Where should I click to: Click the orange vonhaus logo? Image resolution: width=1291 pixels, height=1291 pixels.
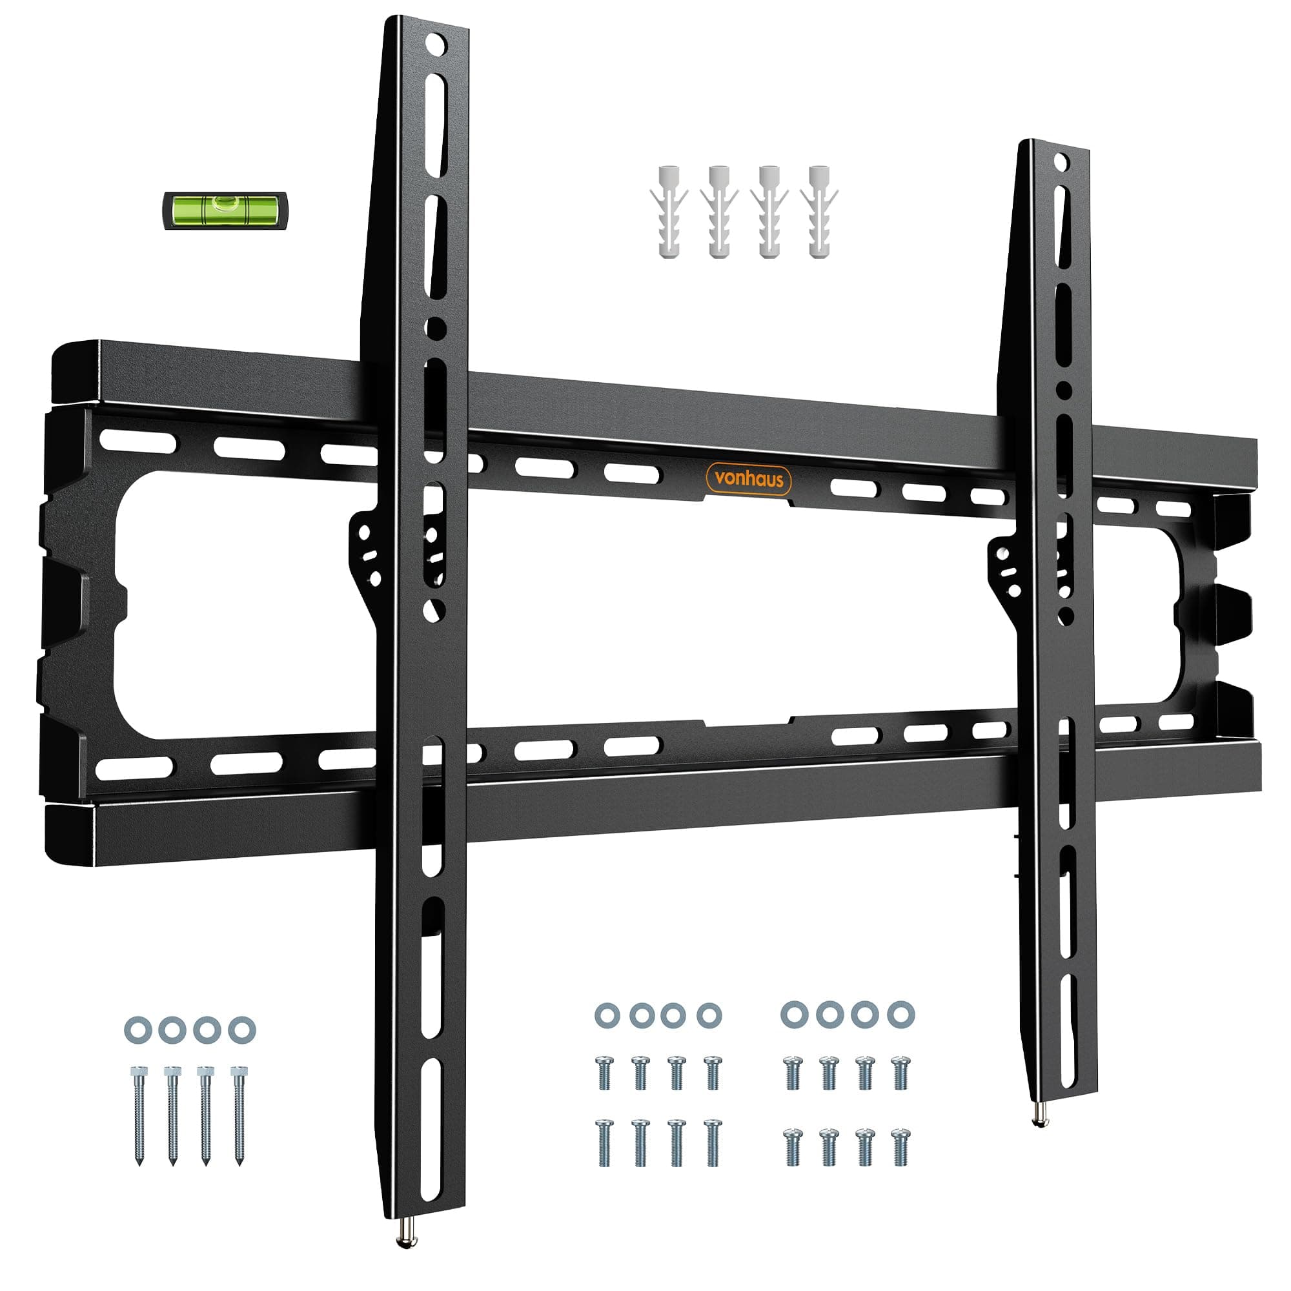(x=748, y=479)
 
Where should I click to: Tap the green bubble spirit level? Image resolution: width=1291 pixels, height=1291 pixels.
(x=225, y=210)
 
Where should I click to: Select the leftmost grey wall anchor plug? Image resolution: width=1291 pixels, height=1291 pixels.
(x=668, y=212)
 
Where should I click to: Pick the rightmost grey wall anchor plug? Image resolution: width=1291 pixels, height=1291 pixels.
(x=819, y=212)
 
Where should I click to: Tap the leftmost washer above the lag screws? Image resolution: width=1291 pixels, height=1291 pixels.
(x=137, y=1030)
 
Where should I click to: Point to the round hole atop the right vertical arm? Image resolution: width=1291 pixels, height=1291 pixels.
(x=1061, y=162)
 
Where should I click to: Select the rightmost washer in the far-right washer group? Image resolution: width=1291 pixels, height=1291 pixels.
(x=900, y=1015)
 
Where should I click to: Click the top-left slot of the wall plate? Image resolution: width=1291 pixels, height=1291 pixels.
(x=137, y=442)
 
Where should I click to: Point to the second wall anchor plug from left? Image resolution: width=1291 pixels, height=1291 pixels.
(x=718, y=212)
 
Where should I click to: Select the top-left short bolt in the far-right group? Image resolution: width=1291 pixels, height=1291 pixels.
(x=793, y=1072)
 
